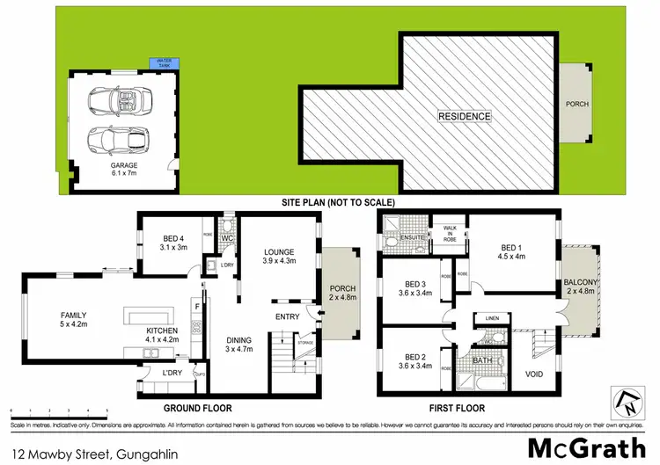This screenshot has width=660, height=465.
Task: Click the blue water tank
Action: pyautogui.click(x=165, y=63)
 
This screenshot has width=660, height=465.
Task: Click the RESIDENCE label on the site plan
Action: pyautogui.click(x=466, y=115)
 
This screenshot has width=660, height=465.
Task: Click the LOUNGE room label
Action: pyautogui.click(x=279, y=256)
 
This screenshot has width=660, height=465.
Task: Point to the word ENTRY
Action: pyautogui.click(x=288, y=317)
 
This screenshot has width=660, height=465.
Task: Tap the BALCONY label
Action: pyautogui.click(x=581, y=287)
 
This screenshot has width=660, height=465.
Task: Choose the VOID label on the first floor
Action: pyautogui.click(x=534, y=374)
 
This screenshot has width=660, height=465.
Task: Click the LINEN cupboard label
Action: pyautogui.click(x=491, y=318)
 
